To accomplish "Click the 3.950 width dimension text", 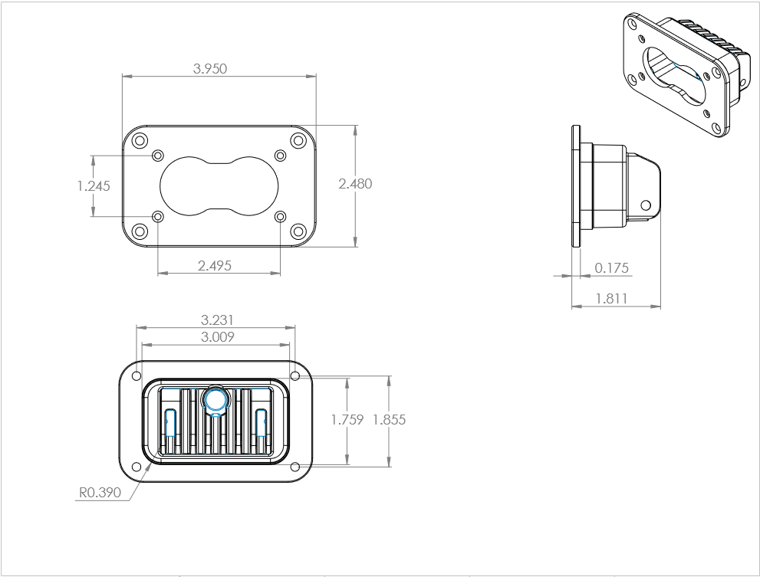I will (x=210, y=68).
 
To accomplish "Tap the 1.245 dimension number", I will (x=94, y=185).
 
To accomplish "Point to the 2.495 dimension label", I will (x=215, y=265).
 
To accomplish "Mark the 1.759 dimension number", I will (x=347, y=420).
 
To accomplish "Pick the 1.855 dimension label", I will (x=389, y=420).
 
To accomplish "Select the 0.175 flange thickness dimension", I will (x=611, y=268).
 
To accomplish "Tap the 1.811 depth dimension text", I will (x=611, y=299).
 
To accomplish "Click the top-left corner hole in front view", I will (x=139, y=141).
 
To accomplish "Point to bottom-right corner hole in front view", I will (x=298, y=231).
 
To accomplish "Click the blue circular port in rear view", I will (x=215, y=399).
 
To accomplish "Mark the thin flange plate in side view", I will (x=574, y=185).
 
